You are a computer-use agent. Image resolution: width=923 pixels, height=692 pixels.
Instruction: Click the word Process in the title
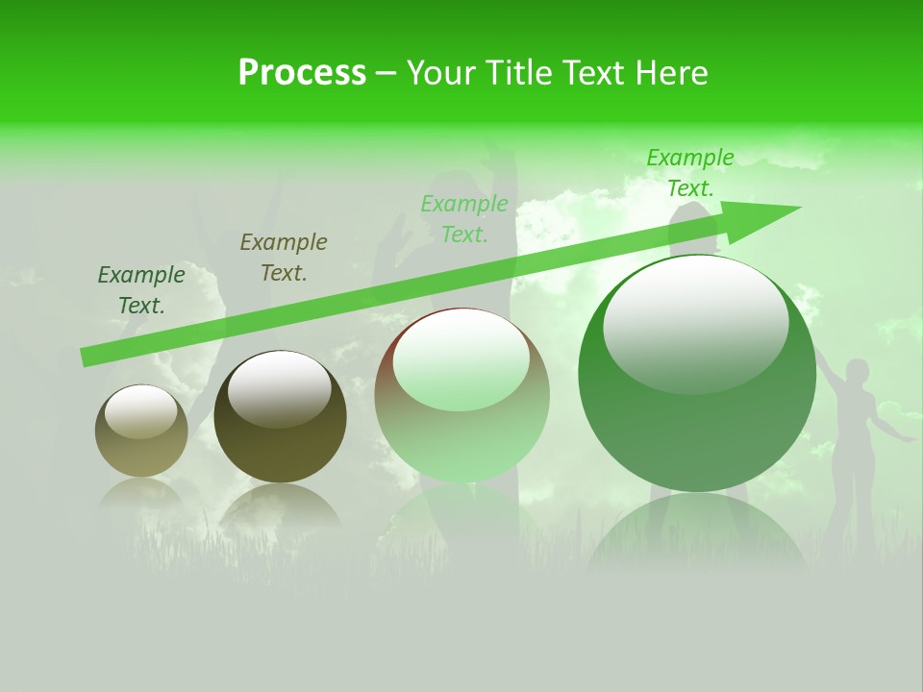click(302, 73)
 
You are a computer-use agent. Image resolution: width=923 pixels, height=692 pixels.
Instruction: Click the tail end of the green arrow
click(87, 357)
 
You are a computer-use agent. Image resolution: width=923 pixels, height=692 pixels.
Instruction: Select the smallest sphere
click(141, 431)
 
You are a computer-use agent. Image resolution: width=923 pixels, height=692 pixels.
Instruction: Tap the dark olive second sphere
click(280, 417)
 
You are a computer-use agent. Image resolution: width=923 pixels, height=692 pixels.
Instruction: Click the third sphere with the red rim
click(461, 395)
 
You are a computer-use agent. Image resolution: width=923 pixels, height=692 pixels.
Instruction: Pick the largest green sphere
click(697, 375)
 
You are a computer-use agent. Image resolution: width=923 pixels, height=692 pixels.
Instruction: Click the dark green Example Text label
click(141, 290)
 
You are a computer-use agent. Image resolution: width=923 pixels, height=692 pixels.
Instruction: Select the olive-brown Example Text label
click(284, 258)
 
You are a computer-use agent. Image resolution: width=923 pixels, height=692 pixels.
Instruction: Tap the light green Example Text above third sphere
click(464, 219)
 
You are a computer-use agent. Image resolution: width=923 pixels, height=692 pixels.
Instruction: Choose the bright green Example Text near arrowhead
click(690, 173)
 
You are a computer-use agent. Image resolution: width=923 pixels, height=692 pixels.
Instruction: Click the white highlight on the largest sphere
click(695, 322)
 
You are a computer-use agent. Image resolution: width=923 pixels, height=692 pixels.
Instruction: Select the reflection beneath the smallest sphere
click(141, 495)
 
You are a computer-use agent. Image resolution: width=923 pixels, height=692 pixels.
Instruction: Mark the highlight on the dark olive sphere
click(279, 389)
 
